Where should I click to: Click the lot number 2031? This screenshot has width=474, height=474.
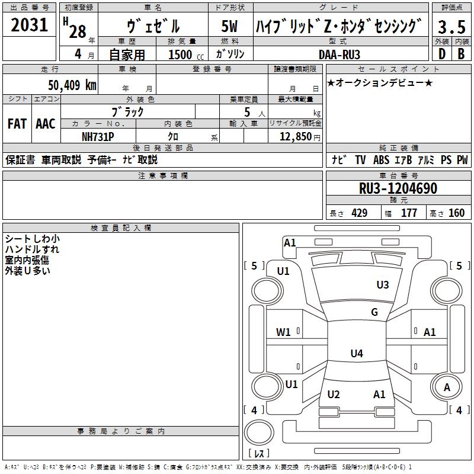click(30, 25)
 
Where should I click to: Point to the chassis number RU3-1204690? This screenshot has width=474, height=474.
click(398, 188)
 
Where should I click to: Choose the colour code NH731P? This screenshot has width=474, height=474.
click(98, 136)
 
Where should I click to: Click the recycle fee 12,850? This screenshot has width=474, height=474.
click(294, 136)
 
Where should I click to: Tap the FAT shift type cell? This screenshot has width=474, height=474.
click(17, 123)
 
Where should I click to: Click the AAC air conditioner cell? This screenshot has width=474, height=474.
click(46, 123)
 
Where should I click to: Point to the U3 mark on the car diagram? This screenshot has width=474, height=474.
click(383, 285)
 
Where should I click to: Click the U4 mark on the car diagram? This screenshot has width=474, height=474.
click(356, 354)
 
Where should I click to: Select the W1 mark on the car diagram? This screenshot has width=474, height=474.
click(283, 332)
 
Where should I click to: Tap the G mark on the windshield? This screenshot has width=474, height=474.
click(374, 312)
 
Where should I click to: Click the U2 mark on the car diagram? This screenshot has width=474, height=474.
click(334, 395)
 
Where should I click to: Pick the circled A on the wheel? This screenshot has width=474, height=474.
click(447, 387)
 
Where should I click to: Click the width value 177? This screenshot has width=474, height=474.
click(409, 213)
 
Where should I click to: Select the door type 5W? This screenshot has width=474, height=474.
click(230, 26)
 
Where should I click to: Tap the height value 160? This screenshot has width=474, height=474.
click(456, 213)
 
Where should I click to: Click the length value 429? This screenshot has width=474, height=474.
click(359, 213)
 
